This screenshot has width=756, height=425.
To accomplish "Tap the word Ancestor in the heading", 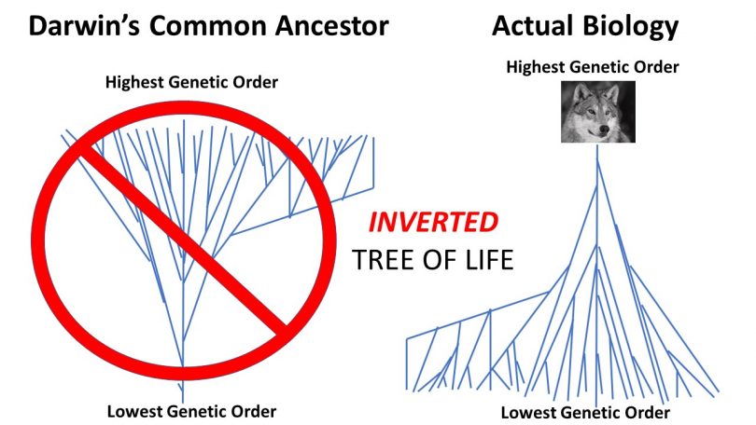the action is click(331, 26).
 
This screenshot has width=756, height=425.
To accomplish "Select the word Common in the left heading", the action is click(208, 26).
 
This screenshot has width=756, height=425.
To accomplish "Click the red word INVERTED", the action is click(433, 223).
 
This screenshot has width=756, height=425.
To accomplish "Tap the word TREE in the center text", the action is click(383, 260).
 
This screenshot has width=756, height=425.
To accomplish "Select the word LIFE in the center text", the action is click(489, 260).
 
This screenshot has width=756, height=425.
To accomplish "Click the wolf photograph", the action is click(598, 112).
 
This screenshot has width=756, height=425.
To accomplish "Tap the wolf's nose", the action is click(603, 129).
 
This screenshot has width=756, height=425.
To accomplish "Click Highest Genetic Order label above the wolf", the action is click(593, 67).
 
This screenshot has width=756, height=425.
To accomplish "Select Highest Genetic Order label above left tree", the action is click(191, 82).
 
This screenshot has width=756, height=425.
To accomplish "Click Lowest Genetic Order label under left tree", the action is click(191, 412).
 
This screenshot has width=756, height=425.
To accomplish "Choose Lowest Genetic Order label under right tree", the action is click(585, 413).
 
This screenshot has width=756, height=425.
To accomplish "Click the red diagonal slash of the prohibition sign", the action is click(184, 240).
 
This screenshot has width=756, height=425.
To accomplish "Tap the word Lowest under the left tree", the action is click(133, 412).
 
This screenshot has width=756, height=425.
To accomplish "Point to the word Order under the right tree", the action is click(649, 413).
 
